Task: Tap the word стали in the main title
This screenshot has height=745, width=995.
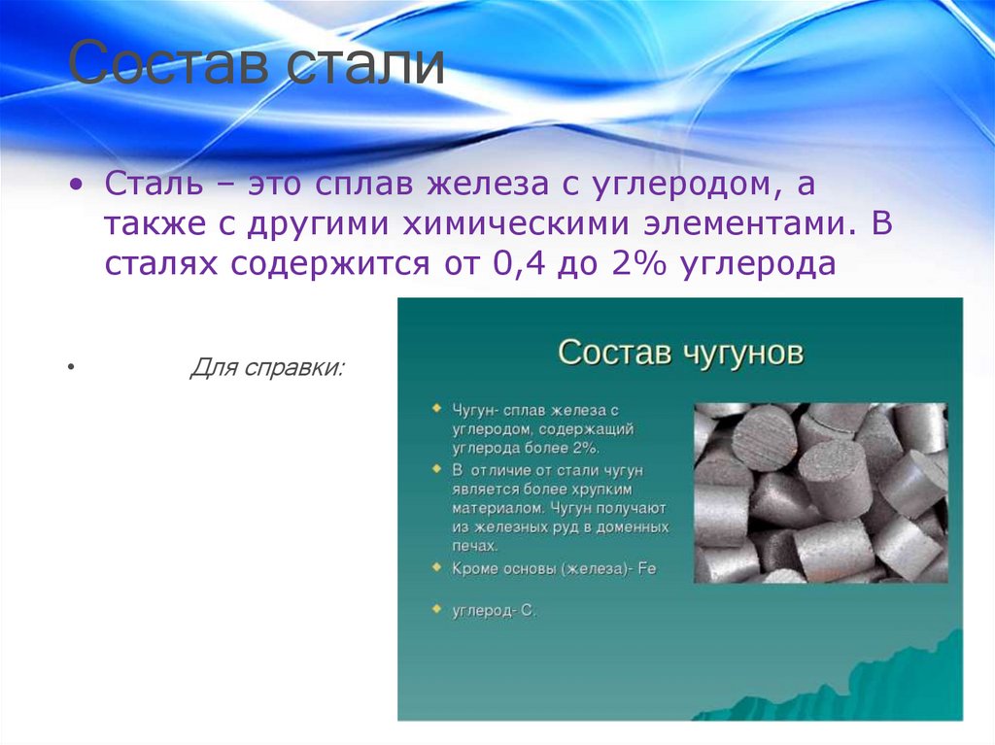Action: [x=365, y=63]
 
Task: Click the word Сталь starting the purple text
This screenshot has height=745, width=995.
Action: [x=154, y=184]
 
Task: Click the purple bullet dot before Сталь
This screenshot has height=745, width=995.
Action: [x=76, y=185]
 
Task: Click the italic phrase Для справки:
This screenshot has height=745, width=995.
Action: [x=266, y=367]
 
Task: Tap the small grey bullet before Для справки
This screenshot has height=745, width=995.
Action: [x=70, y=367]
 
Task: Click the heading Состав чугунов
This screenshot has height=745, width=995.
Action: [x=680, y=353]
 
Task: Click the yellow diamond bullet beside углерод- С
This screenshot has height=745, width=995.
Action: [x=436, y=609]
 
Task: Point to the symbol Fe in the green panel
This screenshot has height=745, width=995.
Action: [x=646, y=568]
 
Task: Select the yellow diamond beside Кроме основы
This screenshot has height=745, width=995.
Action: [x=436, y=566]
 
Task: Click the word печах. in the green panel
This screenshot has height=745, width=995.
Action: [x=474, y=545]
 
